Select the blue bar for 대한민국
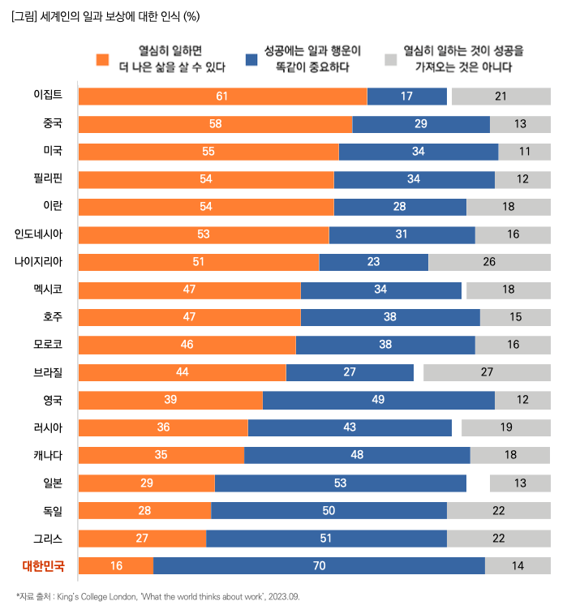(319, 566)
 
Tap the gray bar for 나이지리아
(489, 262)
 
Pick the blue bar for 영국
(378, 400)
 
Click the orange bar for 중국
(215, 124)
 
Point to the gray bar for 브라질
(487, 372)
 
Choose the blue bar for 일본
(340, 483)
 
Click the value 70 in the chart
(319, 566)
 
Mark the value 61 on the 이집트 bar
(222, 97)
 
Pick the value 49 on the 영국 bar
(378, 400)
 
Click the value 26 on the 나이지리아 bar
(489, 262)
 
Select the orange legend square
(102, 59)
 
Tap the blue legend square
(251, 59)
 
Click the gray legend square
(390, 59)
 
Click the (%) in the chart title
(192, 15)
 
